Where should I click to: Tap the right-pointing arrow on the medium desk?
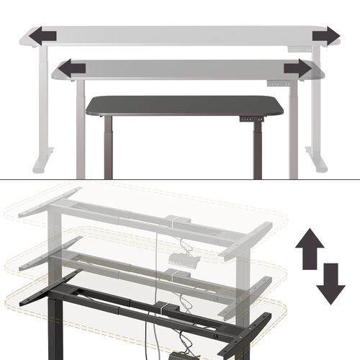[297, 68]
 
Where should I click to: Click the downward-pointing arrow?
[330, 284]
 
